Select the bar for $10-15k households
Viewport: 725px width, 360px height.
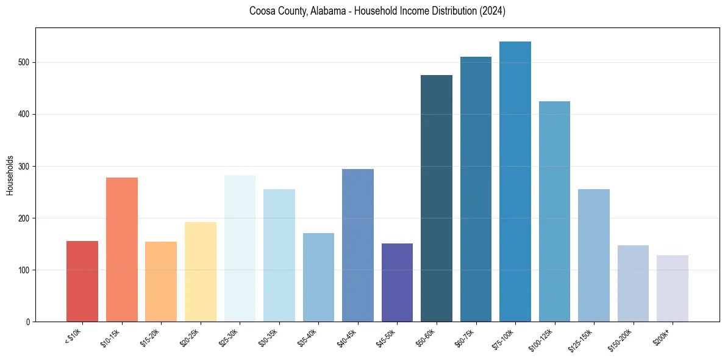[x=121, y=250]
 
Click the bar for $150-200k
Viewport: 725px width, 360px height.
[x=633, y=283]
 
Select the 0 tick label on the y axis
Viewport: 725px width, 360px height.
[x=28, y=322]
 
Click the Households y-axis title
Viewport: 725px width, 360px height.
[x=10, y=175]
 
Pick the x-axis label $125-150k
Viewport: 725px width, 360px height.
[x=582, y=339]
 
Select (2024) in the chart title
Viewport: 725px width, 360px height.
[x=491, y=11]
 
